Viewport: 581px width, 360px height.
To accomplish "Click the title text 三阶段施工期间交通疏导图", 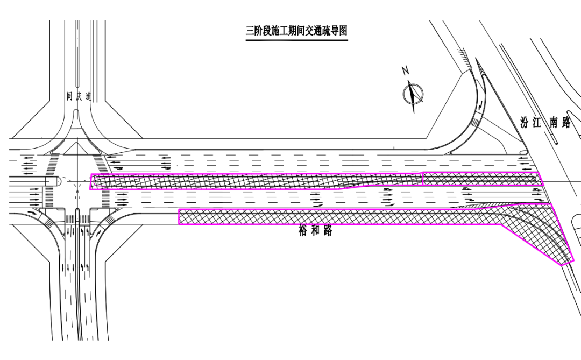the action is click(x=297, y=31).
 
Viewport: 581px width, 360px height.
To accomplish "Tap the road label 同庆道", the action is click(x=79, y=97).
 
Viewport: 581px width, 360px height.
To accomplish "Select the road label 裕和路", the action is click(x=315, y=231).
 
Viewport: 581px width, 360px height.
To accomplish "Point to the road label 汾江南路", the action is click(x=545, y=122).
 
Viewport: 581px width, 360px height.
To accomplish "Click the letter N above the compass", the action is click(x=406, y=70).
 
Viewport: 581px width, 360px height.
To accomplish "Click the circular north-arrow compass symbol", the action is click(x=413, y=93).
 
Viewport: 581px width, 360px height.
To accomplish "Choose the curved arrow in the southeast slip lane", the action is click(x=100, y=232).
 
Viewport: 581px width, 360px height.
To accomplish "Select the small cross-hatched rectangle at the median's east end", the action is click(x=482, y=179).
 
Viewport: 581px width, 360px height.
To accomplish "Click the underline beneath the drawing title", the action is click(x=297, y=39).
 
